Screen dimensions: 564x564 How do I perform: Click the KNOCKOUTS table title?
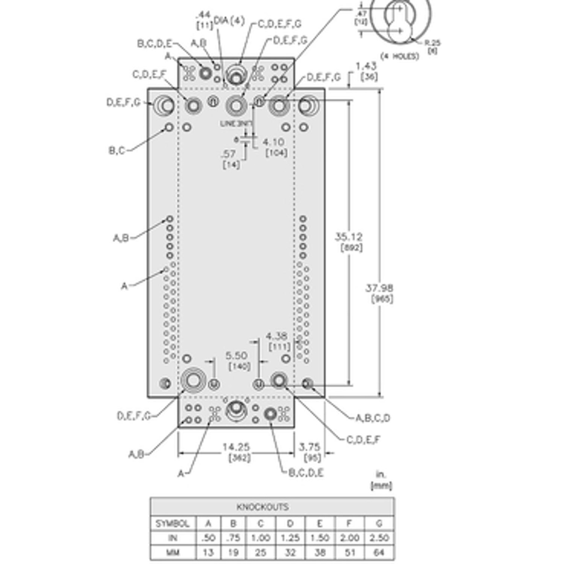click(262, 507)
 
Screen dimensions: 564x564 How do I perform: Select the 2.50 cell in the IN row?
click(379, 538)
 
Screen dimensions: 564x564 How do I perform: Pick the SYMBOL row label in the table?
click(172, 523)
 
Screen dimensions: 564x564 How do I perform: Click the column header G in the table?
click(379, 523)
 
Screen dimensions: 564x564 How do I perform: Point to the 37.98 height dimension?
click(379, 288)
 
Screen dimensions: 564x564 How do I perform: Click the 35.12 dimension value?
click(348, 236)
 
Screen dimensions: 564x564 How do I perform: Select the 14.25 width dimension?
click(236, 447)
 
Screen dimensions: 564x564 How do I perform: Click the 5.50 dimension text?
click(236, 356)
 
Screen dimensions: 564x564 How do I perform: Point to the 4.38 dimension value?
click(276, 336)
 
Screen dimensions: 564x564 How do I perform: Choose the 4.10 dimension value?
click(273, 142)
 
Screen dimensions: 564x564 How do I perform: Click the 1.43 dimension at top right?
click(366, 66)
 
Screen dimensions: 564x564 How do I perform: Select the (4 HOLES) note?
click(399, 56)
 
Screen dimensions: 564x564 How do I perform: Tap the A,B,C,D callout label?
click(372, 418)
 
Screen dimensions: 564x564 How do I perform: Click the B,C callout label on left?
click(117, 151)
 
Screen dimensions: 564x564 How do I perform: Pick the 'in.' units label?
click(381, 474)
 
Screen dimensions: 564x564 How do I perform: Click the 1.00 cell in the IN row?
click(261, 538)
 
